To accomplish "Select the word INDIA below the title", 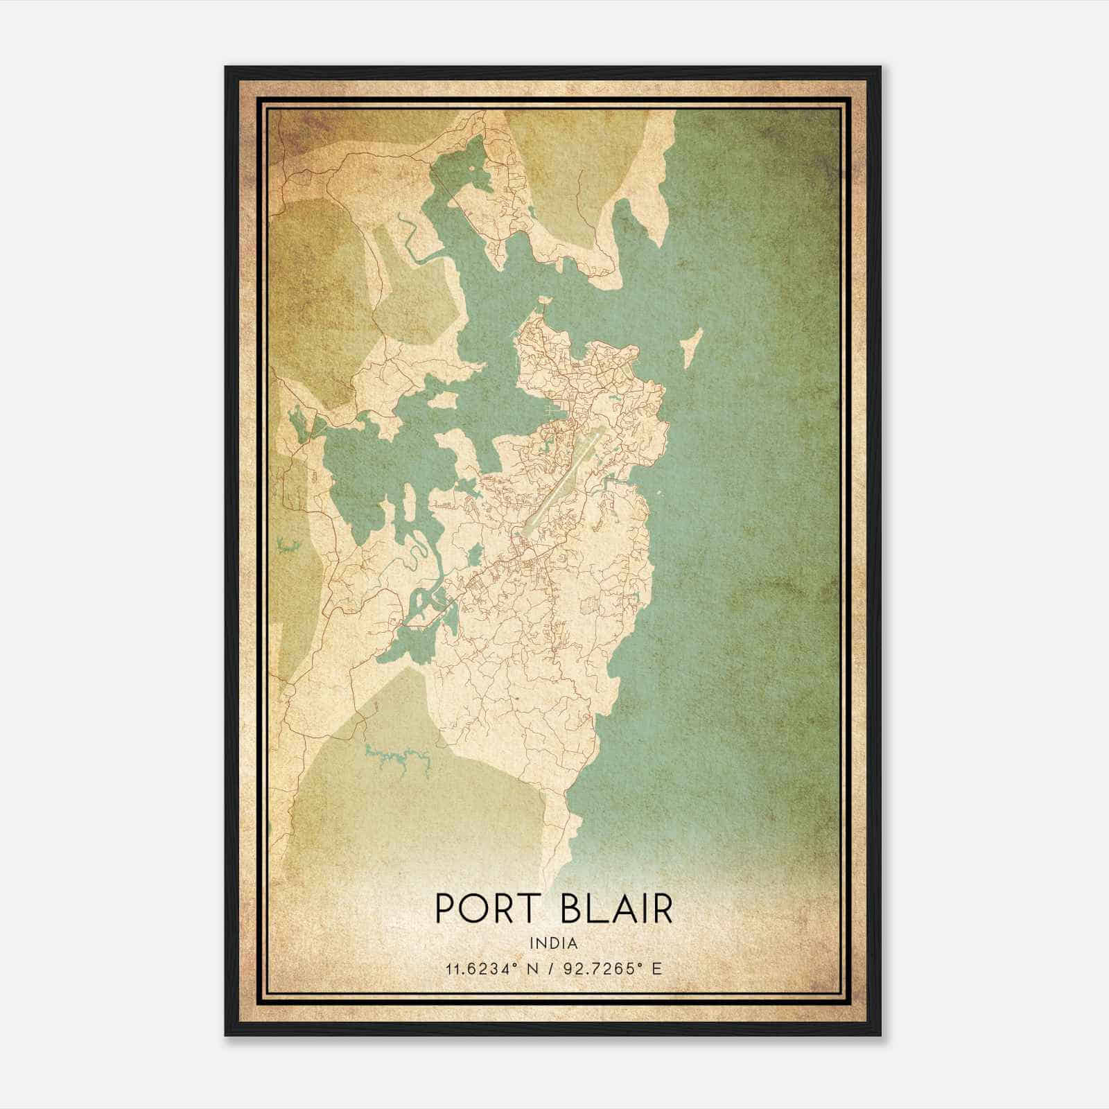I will tap(553, 943).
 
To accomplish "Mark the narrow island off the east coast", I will tap(692, 347).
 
